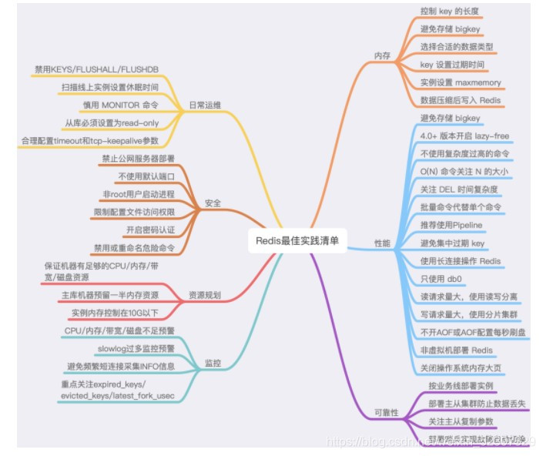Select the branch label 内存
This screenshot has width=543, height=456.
pos(382,56)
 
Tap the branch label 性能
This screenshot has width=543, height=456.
pos(382,243)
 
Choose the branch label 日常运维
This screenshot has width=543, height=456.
pos(204,106)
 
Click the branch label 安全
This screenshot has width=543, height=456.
pos(213,203)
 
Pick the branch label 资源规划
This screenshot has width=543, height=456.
pos(205,295)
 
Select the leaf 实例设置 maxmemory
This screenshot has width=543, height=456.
pos(460,82)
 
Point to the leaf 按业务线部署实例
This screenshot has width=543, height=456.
pos(461,384)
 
